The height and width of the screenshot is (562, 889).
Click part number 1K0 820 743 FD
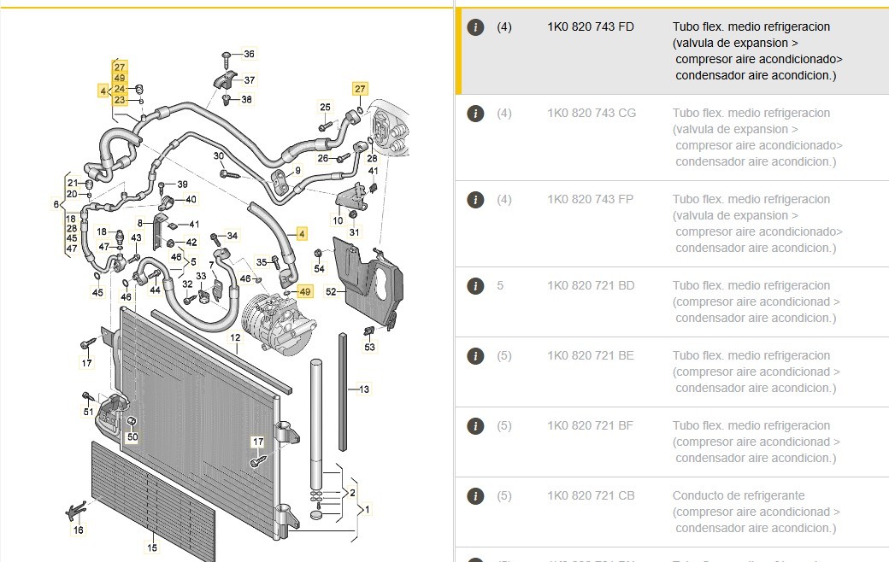pos(591,26)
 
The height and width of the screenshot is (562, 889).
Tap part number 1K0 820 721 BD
pos(591,285)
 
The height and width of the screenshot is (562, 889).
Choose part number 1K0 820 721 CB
pos(591,495)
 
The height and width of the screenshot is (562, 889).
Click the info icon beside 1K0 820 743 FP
pos(476,200)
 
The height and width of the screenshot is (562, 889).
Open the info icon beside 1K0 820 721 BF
pos(476,425)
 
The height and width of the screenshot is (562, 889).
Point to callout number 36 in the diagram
pos(248,55)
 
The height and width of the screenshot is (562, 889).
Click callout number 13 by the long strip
pos(364,389)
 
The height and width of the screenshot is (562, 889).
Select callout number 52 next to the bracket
pos(331,292)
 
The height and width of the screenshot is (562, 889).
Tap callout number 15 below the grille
pos(152,548)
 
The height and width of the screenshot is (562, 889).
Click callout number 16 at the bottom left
pos(79,530)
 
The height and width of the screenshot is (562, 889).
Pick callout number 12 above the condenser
pos(234,338)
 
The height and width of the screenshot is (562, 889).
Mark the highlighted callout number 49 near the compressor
pos(305,292)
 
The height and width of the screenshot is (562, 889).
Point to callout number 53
pos(369,347)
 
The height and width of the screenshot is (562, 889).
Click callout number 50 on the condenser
pos(132,437)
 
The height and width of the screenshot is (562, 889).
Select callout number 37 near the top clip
pos(250,80)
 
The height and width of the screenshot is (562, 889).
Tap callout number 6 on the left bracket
pos(56,205)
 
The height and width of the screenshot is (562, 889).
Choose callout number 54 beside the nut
pos(320,269)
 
